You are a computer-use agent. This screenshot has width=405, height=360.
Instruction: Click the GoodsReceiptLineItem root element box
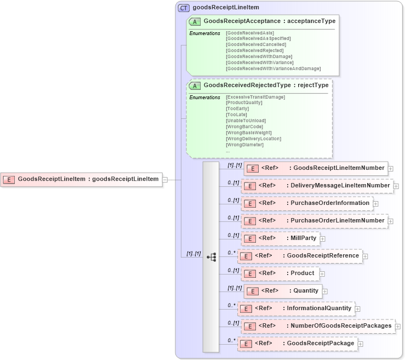coord(82,179)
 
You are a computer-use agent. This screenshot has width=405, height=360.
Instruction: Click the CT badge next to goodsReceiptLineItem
coord(184,8)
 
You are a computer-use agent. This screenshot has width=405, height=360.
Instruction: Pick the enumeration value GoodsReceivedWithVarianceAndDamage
coord(273,68)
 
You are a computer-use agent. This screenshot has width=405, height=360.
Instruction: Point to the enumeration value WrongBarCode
coord(244,127)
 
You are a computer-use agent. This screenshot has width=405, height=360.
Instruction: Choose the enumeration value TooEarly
coord(238,108)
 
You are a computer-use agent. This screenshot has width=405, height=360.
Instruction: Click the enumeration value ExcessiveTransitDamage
coord(255,97)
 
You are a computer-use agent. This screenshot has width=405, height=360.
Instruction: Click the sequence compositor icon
coord(211,256)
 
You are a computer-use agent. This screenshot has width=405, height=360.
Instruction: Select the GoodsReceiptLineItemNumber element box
coord(316,168)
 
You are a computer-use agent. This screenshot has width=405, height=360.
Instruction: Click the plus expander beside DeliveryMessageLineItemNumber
coord(396,186)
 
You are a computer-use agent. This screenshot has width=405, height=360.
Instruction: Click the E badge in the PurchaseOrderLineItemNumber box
coord(249,221)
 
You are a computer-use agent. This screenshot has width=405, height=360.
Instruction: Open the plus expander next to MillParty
coord(323,239)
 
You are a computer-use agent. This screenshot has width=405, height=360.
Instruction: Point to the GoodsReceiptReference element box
coord(300,256)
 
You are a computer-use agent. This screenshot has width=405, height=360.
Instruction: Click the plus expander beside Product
coord(322,274)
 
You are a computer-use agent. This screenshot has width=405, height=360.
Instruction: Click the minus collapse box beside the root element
coord(165,179)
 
